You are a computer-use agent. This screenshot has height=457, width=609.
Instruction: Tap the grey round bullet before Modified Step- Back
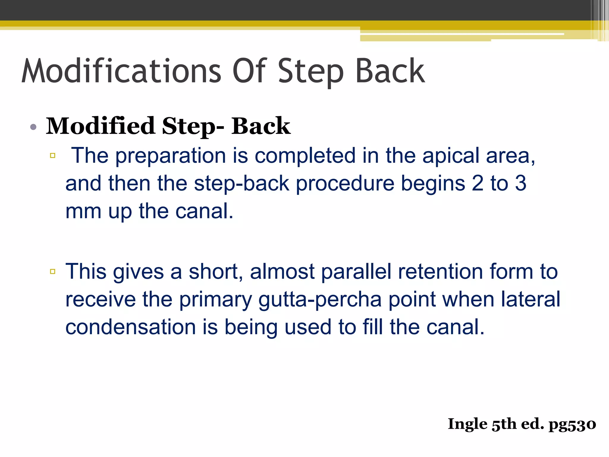click(33, 127)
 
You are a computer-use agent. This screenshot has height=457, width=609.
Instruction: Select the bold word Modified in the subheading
click(100, 126)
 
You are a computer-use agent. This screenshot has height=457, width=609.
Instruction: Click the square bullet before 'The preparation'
click(53, 155)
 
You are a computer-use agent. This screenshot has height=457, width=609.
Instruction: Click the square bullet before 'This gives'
click(53, 271)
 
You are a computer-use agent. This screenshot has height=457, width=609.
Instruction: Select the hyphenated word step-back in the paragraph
click(241, 184)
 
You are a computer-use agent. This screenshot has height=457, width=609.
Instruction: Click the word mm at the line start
click(83, 212)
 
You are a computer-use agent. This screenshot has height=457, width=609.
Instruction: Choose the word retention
click(440, 272)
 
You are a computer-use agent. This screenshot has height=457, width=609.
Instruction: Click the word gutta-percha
click(320, 300)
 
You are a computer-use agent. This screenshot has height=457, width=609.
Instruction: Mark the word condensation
click(130, 327)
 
